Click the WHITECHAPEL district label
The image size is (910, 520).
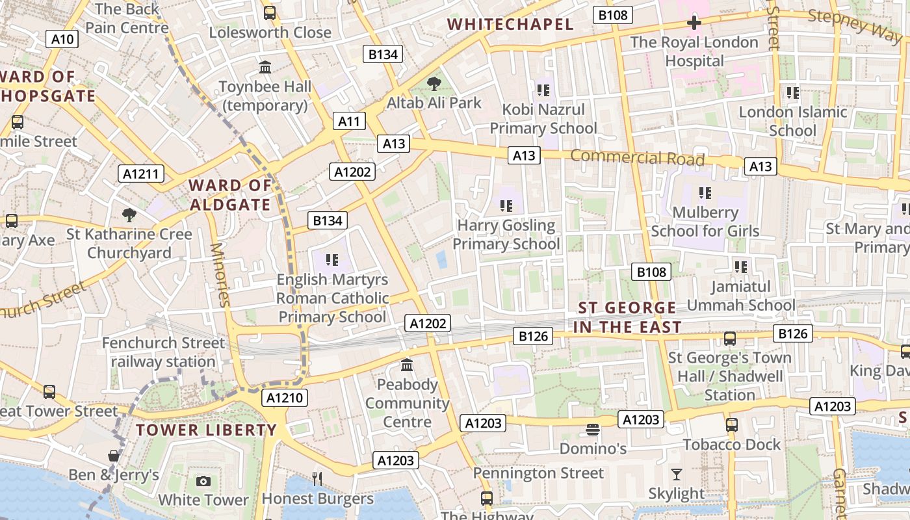tap(511, 25)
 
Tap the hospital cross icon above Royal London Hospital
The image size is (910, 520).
tap(694, 23)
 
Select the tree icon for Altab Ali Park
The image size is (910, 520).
tap(434, 84)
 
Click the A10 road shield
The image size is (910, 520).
tap(62, 39)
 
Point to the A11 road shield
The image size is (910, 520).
tap(349, 121)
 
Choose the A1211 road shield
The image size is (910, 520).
tap(141, 174)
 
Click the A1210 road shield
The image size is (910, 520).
tap(285, 398)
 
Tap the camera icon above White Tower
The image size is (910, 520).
tap(203, 481)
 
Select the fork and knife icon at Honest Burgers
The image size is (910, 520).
tap(317, 479)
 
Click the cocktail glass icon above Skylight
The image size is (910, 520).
tap(677, 474)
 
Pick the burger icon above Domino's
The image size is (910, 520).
tap(592, 430)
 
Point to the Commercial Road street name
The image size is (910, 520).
tap(637, 157)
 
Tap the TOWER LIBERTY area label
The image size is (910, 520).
tap(207, 430)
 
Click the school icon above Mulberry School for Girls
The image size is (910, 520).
tap(705, 193)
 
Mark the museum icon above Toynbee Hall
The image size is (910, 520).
tap(265, 67)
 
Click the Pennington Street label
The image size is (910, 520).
tap(538, 473)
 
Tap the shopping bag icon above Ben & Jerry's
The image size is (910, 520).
tap(114, 456)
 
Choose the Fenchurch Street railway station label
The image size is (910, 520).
tap(163, 352)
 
